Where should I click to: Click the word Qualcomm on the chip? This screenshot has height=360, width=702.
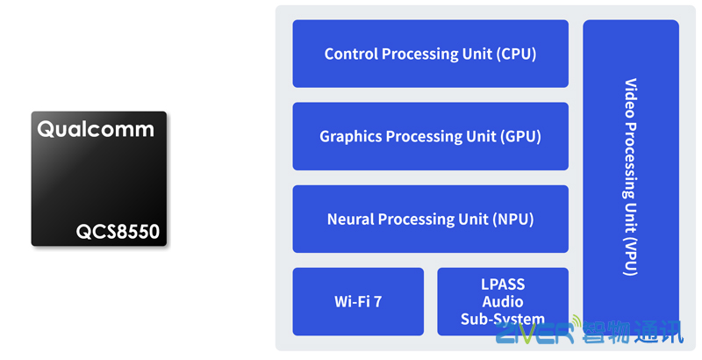[x=96, y=130]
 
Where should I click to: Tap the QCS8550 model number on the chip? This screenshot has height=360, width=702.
[x=118, y=232]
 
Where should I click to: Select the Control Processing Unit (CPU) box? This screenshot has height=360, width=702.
[x=430, y=54]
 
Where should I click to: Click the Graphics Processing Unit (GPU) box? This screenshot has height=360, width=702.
[x=430, y=136]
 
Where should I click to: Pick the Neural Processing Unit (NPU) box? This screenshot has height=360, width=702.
[x=430, y=219]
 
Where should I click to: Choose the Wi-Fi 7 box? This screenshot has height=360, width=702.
[x=358, y=301]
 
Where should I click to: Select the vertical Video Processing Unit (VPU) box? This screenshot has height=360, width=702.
[x=630, y=176]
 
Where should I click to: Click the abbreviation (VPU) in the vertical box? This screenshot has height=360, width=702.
[x=630, y=256]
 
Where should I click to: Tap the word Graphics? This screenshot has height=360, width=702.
[x=351, y=136]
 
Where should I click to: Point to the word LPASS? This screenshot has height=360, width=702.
[x=503, y=285]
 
